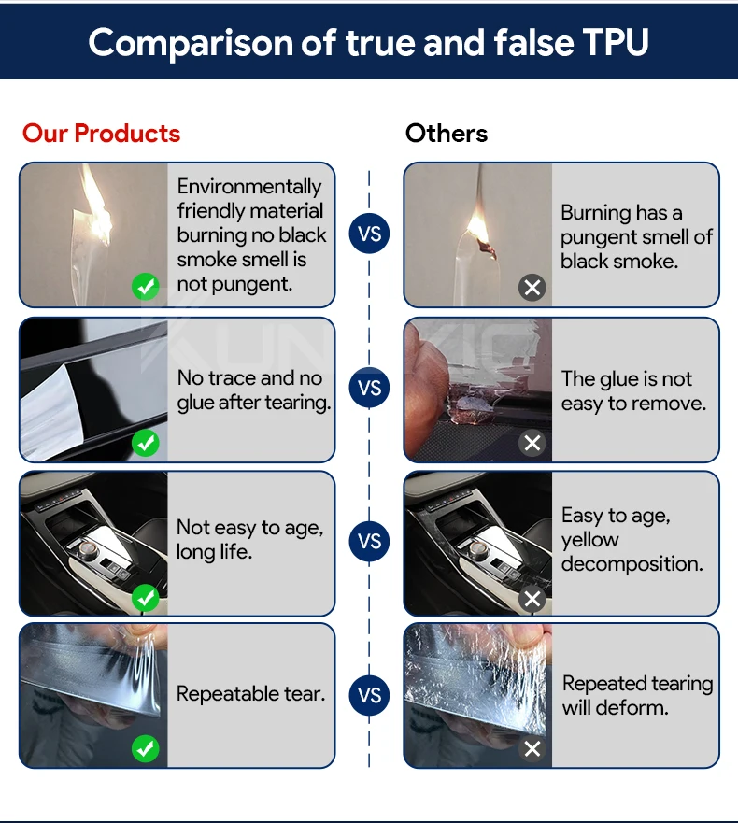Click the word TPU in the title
[x=616, y=42]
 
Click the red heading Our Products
[x=101, y=134]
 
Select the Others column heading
[x=447, y=134]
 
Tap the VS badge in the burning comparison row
[x=369, y=233]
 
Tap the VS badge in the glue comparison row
[x=369, y=388]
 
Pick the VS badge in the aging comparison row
[x=369, y=541]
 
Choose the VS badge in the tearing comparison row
[x=369, y=695]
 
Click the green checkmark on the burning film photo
[x=146, y=287]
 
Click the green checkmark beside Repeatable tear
[x=146, y=748]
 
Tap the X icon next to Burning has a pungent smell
[x=532, y=288]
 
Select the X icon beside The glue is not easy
[x=532, y=443]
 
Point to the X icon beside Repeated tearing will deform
[x=532, y=748]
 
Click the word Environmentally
[x=249, y=187]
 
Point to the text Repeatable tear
[x=251, y=694]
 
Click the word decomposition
[x=632, y=564]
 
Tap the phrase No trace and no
[x=249, y=378]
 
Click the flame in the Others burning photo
[x=478, y=227]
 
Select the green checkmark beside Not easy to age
[x=146, y=597]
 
